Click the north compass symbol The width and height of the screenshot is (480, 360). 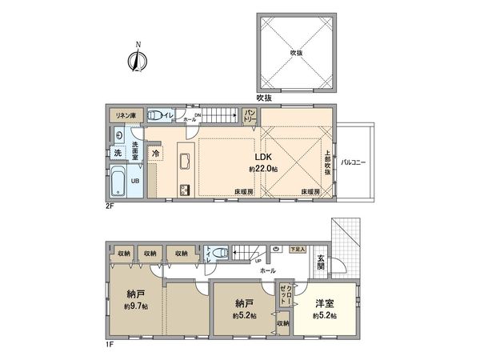click(x=138, y=59)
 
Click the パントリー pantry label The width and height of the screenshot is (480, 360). click(x=249, y=116)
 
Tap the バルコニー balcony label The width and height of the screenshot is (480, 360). click(x=352, y=162)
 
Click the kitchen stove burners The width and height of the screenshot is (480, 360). click(x=184, y=189)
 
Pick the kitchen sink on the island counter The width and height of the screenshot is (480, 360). click(x=183, y=160)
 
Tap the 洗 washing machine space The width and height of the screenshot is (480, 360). click(x=117, y=152)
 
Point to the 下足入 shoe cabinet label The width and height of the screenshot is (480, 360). click(x=298, y=250)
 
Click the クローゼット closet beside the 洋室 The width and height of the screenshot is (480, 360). click(x=286, y=294)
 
